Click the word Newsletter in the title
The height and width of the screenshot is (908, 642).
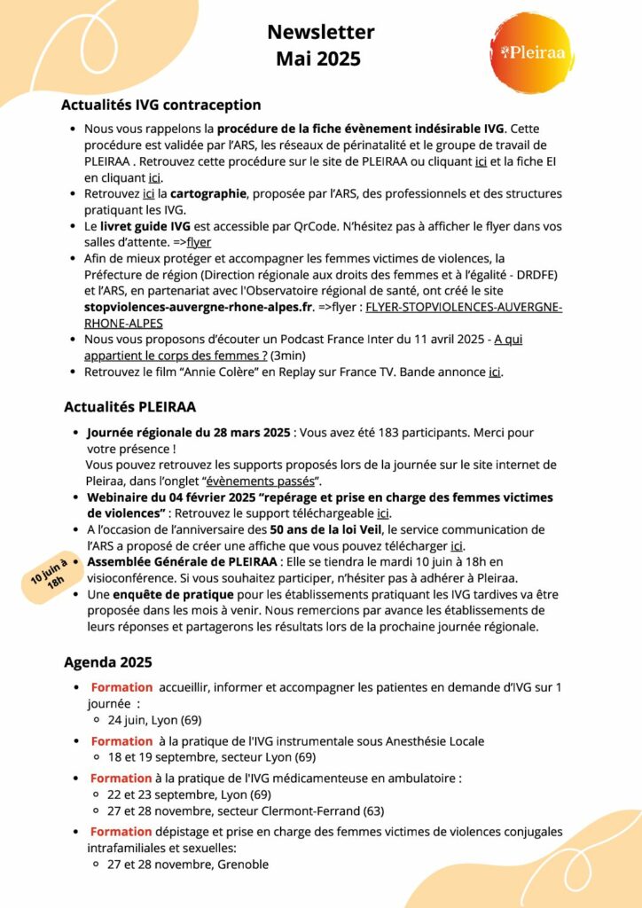click(x=321, y=33)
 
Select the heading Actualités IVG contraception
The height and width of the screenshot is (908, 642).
click(x=160, y=105)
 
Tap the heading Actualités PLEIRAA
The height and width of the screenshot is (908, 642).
click(x=129, y=407)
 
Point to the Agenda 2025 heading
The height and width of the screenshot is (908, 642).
click(x=107, y=661)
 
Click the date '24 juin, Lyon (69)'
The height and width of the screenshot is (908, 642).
click(x=154, y=720)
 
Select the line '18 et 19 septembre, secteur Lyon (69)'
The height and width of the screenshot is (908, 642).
click(x=212, y=756)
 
